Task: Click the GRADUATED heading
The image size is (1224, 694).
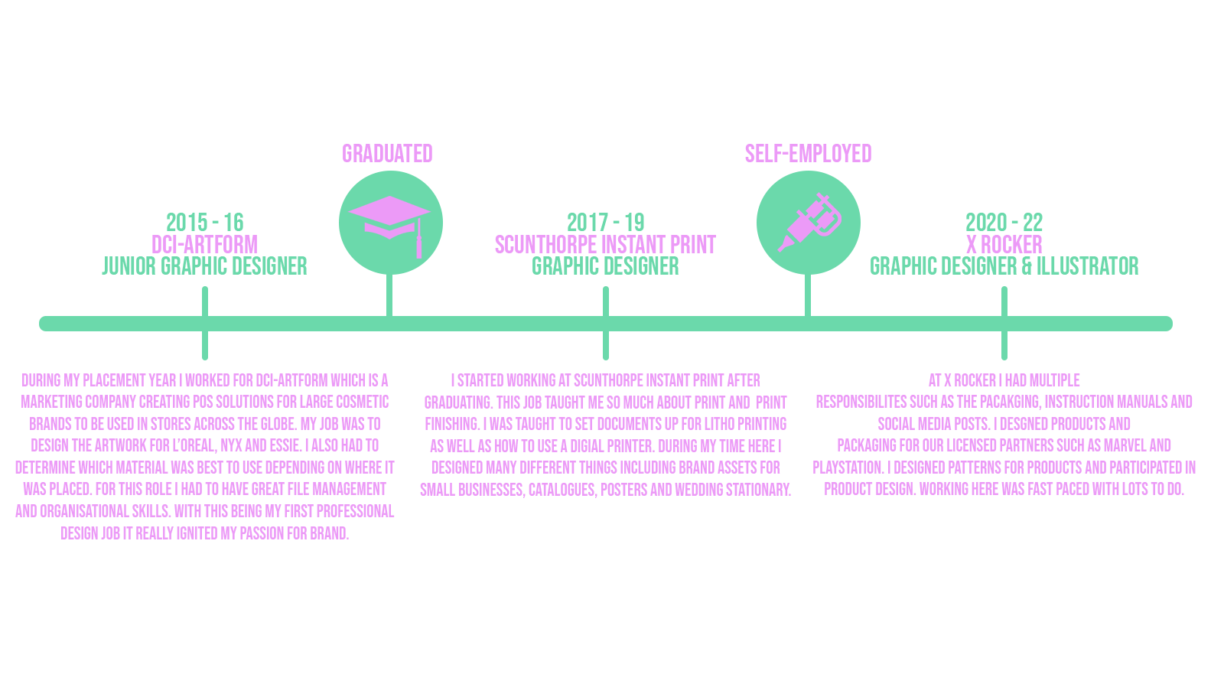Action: click(x=387, y=154)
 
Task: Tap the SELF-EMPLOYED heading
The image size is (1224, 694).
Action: click(x=808, y=154)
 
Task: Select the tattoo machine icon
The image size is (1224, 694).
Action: click(x=809, y=222)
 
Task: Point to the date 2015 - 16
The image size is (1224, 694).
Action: click(x=204, y=223)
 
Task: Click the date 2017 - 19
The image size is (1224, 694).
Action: click(x=605, y=223)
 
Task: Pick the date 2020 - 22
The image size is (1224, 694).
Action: click(x=1004, y=223)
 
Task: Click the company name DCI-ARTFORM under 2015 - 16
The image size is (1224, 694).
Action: click(x=204, y=245)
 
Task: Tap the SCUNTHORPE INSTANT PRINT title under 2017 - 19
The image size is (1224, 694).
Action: click(x=605, y=245)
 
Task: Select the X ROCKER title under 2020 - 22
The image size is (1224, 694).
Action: click(x=1004, y=245)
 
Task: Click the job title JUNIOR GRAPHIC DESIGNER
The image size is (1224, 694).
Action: click(x=204, y=266)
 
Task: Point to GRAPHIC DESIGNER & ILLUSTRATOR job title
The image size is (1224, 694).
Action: click(x=1004, y=266)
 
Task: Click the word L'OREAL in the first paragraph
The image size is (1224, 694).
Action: click(x=194, y=445)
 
